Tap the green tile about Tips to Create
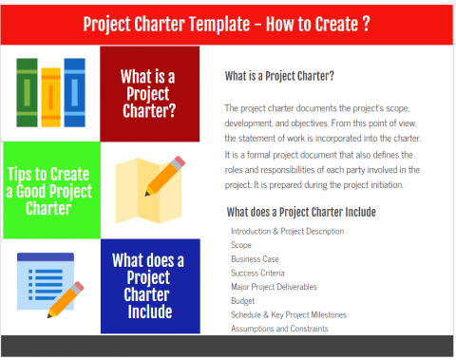[48, 190]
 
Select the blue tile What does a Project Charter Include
[148, 286]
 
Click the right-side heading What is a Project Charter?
[279, 76]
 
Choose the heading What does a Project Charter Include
[302, 212]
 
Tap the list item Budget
[244, 299]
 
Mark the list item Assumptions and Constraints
[280, 328]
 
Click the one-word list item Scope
[241, 243]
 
